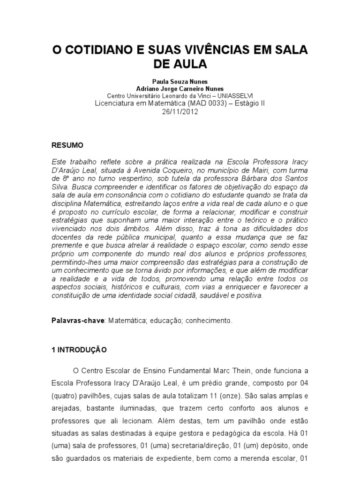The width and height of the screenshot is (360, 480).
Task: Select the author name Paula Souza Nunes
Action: (x=180, y=81)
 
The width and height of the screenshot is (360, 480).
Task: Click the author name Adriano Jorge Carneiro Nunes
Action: (x=180, y=88)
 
